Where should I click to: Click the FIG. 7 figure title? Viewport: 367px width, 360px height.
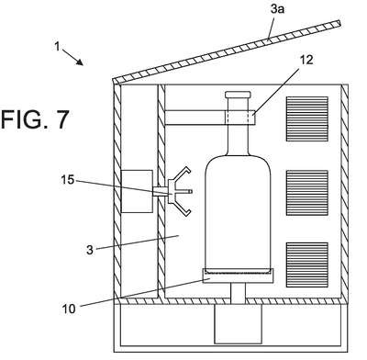[x=35, y=119]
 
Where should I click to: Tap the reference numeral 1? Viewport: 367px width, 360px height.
[x=57, y=47]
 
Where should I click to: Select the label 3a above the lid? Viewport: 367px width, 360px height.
[x=277, y=9]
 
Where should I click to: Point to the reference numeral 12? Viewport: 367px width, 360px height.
[x=306, y=60]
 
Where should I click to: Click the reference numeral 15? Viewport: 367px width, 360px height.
[x=68, y=180]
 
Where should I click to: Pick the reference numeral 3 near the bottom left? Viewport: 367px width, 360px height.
[x=89, y=250]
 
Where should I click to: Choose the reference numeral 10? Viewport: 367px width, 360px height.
[x=69, y=309]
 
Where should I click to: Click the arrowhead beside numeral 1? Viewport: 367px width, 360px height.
[x=80, y=62]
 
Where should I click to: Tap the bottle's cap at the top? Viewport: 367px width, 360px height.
[x=238, y=95]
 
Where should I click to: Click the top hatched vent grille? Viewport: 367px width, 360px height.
[x=307, y=118]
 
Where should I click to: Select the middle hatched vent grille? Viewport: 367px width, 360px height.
[x=307, y=193]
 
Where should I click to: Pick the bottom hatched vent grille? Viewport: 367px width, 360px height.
[x=307, y=264]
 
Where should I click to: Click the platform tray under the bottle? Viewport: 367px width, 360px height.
[x=238, y=276]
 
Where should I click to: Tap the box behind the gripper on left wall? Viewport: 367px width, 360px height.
[x=137, y=192]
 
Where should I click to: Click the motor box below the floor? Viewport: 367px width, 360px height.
[x=238, y=324]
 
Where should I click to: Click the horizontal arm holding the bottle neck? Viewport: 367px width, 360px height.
[x=210, y=118]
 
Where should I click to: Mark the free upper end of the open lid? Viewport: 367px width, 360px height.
[x=339, y=23]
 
